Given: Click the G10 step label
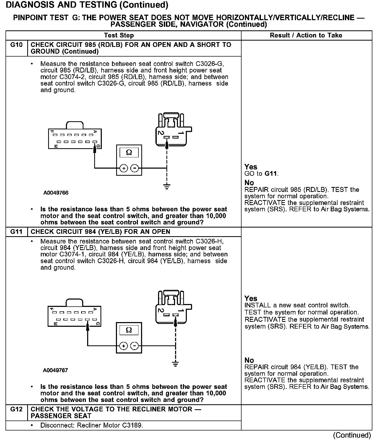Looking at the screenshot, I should (x=16, y=45).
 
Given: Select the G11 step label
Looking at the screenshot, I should (x=16, y=232).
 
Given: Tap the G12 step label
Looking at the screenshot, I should (x=16, y=409).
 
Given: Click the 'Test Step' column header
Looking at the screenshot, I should (x=119, y=35).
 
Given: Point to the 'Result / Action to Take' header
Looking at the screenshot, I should (x=306, y=35).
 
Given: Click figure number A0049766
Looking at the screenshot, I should (x=56, y=193).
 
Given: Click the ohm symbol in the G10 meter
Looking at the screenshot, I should (x=129, y=152).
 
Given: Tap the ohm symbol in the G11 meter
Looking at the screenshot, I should (x=129, y=330).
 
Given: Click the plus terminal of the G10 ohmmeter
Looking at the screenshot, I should (x=124, y=168).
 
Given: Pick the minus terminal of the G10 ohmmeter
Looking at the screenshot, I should (x=135, y=168).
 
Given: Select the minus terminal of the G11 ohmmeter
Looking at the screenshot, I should (x=135, y=346).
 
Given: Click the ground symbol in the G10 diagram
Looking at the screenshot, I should (x=167, y=186).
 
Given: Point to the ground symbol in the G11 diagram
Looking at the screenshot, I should (x=176, y=364).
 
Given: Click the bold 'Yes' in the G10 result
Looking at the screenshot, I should (x=251, y=167).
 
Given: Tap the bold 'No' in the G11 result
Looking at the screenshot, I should (x=249, y=360).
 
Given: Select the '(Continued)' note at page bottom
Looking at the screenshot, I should (x=352, y=435).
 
